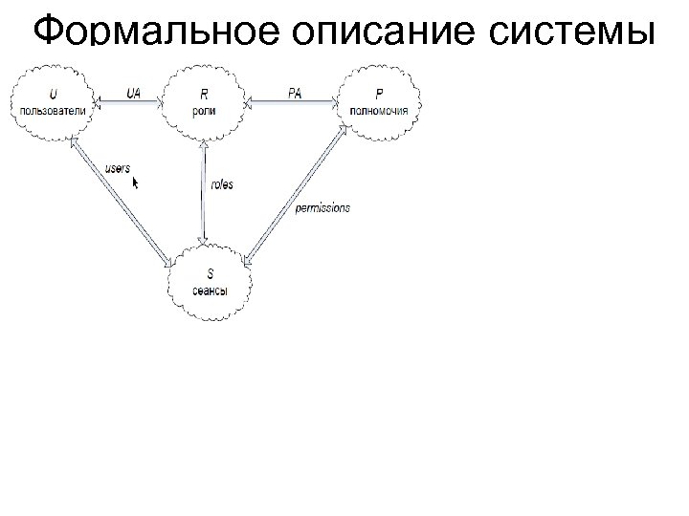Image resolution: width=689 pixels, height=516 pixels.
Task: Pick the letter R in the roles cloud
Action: point(204,95)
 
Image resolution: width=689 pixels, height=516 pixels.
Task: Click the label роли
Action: point(204,110)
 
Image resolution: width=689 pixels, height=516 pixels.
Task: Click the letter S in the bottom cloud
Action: point(210,275)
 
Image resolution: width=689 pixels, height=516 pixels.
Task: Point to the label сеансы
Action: point(210,290)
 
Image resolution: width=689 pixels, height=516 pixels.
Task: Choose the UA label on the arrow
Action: point(134,93)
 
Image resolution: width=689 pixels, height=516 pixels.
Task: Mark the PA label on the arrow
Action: point(296,93)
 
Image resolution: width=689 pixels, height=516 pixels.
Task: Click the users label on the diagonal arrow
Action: point(117,168)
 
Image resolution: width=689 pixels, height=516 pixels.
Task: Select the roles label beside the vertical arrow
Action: point(222,184)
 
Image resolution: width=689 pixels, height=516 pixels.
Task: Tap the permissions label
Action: point(323,207)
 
